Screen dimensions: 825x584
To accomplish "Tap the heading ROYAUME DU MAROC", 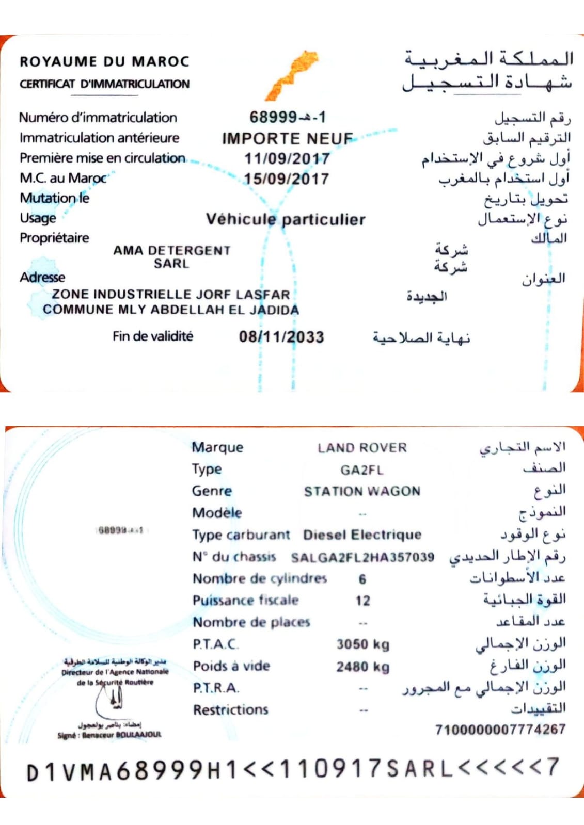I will [104, 61].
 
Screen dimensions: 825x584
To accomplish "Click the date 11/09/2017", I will [287, 158].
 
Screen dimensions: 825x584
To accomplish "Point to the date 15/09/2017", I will [287, 179].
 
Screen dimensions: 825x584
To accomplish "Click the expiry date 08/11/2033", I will [281, 337].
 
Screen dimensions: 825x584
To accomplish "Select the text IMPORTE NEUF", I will [287, 138].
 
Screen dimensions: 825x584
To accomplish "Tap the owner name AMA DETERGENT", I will [171, 250].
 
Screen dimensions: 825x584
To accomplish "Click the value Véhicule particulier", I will [286, 219].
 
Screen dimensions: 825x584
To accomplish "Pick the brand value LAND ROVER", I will [362, 448].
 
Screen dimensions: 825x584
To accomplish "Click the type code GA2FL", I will [361, 470].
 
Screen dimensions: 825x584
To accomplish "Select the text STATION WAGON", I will [362, 491].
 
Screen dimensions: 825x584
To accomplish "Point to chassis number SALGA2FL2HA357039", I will [362, 557].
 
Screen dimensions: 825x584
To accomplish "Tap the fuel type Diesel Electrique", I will [362, 535].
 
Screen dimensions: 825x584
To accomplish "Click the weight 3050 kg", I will [362, 644].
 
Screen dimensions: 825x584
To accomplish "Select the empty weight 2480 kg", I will [362, 667].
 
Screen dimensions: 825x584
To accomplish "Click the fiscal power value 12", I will [362, 601].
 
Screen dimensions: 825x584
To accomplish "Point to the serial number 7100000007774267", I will [500, 730].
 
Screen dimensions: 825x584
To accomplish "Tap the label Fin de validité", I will [153, 336].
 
